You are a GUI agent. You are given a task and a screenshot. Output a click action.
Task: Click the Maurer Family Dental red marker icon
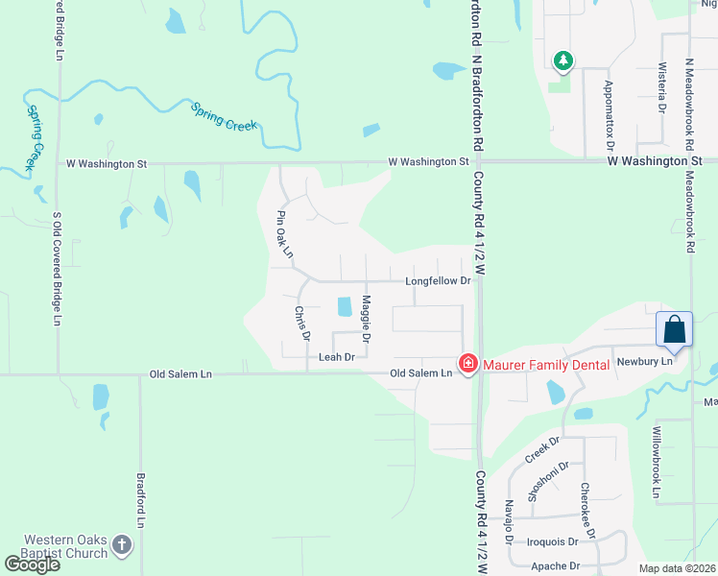click(467, 364)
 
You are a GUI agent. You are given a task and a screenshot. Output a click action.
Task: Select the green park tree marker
click(562, 62)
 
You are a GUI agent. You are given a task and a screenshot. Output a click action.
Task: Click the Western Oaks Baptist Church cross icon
click(121, 545)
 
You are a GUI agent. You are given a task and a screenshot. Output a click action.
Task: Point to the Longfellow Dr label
click(438, 281)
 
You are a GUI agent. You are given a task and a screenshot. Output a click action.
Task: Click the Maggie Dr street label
click(366, 321)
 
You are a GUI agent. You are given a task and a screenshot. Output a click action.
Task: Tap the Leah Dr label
click(336, 357)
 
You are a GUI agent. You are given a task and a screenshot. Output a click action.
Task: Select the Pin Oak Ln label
click(283, 234)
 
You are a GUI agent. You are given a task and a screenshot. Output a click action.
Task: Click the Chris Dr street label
click(302, 324)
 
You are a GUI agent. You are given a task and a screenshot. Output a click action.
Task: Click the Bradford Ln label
click(139, 499)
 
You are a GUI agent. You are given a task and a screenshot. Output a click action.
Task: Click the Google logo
click(33, 564)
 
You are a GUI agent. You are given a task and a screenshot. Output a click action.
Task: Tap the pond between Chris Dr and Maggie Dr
click(343, 307)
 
